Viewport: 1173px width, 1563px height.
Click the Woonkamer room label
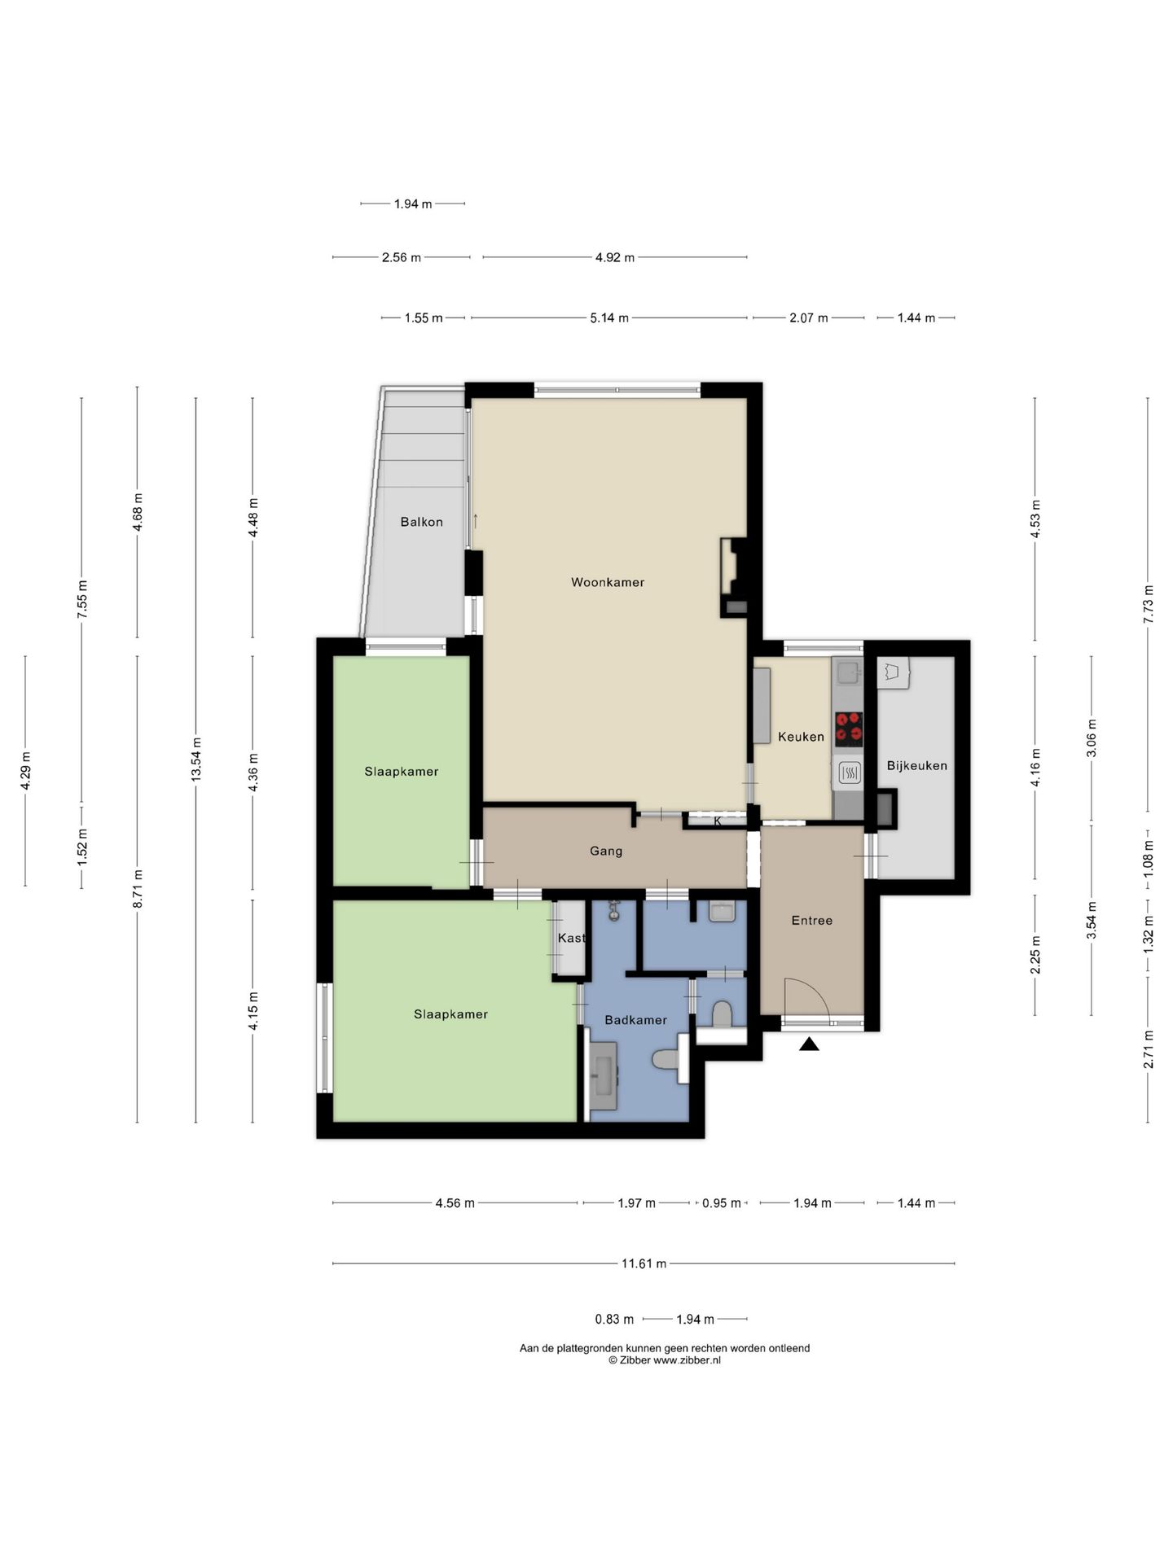point(607,582)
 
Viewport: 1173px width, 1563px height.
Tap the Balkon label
point(421,522)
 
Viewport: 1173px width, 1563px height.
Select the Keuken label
point(801,737)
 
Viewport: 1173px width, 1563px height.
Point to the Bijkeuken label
point(916,766)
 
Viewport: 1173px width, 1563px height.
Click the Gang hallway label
point(606,852)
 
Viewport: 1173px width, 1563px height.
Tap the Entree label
point(811,921)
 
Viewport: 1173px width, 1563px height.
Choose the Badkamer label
point(635,1020)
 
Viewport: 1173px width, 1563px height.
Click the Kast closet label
point(571,938)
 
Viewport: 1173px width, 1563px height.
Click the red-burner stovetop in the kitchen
point(849,728)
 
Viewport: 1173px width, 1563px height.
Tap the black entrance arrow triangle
point(809,1044)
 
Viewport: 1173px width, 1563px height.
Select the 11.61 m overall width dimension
point(644,1263)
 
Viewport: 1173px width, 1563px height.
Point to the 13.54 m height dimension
point(195,760)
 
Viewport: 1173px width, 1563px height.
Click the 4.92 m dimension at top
point(614,257)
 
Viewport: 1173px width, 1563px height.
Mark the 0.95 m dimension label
point(722,1202)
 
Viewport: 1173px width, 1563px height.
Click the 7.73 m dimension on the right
point(1148,604)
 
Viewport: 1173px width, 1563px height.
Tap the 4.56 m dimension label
point(455,1202)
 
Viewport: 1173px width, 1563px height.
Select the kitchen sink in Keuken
point(847,672)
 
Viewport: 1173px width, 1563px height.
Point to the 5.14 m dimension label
point(609,317)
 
